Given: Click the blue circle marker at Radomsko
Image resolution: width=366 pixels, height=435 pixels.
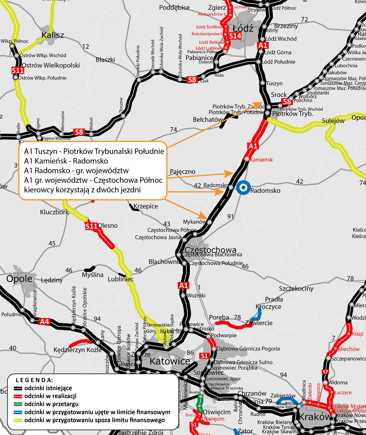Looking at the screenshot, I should coord(243,188).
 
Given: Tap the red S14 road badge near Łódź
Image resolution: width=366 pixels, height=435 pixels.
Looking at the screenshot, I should coord(235,36).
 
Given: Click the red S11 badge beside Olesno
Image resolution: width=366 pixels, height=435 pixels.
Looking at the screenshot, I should coord(91,226).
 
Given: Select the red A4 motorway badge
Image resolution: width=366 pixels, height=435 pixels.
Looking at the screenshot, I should coord(45,322).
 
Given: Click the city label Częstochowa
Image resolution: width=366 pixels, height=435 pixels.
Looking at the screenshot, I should coord(210,250).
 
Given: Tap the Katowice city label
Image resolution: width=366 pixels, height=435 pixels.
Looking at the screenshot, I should coord(170,361).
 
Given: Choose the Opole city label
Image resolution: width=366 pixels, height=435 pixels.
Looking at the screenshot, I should coord(19,279).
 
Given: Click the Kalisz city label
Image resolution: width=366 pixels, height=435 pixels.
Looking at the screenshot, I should coord(53,35).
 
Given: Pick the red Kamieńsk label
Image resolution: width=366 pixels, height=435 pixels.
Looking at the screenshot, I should coord(261,160).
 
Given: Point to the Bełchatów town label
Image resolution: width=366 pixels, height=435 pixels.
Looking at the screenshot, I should coord(208,120).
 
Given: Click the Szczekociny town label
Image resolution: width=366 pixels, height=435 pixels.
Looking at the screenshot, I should coord(296,288).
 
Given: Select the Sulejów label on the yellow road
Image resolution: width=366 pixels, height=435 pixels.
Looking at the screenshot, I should coord(333,121).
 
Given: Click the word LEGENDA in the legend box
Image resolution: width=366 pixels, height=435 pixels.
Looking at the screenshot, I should coord(34,380).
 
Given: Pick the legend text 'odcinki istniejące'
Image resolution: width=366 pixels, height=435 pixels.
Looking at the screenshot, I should coord(48,388).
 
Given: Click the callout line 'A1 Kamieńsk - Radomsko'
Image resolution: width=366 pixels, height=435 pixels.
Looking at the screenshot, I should coord(66,161).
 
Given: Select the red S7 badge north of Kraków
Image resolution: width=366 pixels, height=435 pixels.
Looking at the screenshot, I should coord(325,372).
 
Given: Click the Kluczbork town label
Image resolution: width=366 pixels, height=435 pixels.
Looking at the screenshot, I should coord(54,212).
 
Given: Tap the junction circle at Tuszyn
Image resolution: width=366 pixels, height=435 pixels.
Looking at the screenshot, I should coord(262,83).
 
